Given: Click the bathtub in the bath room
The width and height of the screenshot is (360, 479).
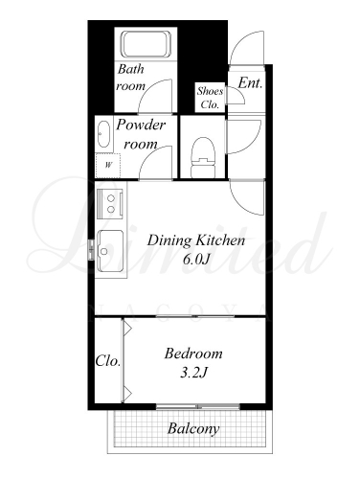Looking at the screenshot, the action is point(146,44).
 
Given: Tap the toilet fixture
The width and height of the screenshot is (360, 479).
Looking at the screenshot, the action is point(203,157).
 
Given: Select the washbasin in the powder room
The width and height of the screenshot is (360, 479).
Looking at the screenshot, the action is point(103,134).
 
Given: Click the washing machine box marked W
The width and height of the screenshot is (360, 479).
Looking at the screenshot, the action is point(108,166).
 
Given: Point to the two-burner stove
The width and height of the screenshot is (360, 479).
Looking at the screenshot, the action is point(110,204).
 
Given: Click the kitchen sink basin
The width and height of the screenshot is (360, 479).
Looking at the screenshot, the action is point(110,246).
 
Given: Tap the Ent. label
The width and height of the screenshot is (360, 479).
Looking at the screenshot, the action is point(251,83).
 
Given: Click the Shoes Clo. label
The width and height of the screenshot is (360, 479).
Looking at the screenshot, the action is point(210,98).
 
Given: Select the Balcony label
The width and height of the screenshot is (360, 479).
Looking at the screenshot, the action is point(193,428).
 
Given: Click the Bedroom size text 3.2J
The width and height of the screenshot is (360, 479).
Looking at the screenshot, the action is point(194,373).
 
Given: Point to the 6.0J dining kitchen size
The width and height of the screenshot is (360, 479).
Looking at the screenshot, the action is point(195,260).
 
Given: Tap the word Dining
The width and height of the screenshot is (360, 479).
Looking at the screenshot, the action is point(169,240).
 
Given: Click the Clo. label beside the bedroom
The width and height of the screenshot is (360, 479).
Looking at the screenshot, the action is point(108,361).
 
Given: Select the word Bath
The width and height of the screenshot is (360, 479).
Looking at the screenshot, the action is point(131,69).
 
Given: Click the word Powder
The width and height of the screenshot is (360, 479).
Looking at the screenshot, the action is point(141,125).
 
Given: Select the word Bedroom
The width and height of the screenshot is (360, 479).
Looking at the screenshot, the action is point(193,354).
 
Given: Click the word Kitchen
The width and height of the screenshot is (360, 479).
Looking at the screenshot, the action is point(220,240).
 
